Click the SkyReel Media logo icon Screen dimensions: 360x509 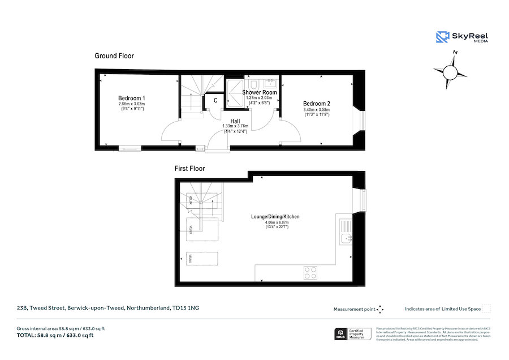[442, 37]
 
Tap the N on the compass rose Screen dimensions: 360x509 [455, 53]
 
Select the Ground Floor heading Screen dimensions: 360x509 [114, 56]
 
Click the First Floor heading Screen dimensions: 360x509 [189, 168]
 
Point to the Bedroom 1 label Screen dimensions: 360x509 [132, 98]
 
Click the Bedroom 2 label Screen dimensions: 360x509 [316, 104]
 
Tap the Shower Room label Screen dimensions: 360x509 [260, 92]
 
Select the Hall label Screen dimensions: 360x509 [235, 120]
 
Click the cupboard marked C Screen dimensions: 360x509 [215, 100]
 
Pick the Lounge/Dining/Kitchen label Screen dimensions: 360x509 [275, 217]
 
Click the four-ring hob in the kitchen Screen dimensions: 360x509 [311, 272]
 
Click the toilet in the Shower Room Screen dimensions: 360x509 [255, 84]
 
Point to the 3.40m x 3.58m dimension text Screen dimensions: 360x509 [316, 110]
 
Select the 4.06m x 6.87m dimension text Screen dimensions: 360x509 [277, 223]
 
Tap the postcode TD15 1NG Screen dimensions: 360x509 [186, 308]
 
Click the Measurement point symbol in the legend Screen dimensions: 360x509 [381, 309]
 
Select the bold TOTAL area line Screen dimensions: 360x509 [55, 336]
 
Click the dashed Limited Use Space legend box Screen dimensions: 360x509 [486, 309]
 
